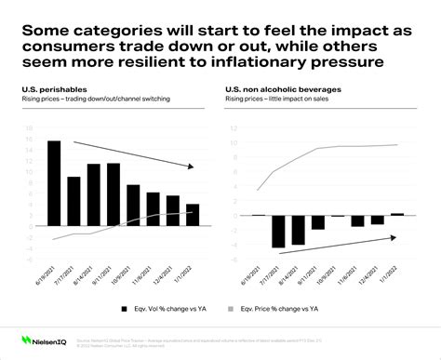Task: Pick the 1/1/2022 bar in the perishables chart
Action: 193,215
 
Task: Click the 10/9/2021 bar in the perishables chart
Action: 133,206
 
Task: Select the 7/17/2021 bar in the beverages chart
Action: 277,231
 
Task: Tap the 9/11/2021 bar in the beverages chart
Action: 317,222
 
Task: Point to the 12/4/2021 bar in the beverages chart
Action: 378,220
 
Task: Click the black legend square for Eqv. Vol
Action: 125,306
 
